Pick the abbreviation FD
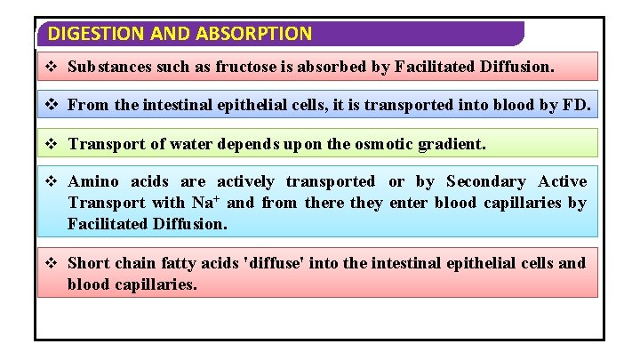pyautogui.click(x=576, y=105)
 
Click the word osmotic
pyautogui.click(x=391, y=143)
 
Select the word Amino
pyautogui.click(x=93, y=181)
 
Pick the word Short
pyautogui.click(x=89, y=263)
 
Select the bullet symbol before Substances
pyautogui.click(x=52, y=67)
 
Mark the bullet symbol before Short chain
pyautogui.click(x=52, y=263)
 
